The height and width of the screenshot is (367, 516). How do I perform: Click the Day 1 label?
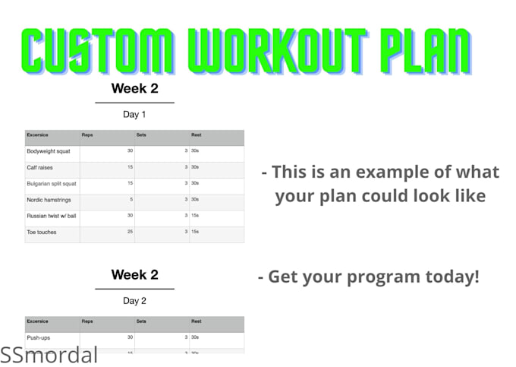tap(134, 115)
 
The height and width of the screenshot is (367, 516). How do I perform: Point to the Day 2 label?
tap(134, 301)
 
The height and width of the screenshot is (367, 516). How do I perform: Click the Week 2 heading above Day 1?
tap(134, 88)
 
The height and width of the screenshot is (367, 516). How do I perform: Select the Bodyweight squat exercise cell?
tap(49, 151)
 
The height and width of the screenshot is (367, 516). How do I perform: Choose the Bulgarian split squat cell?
tap(52, 183)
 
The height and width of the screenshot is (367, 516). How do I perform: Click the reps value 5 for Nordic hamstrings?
tap(131, 200)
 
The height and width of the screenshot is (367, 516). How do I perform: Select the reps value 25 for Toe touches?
tap(129, 232)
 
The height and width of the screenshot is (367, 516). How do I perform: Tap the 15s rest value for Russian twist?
tap(196, 216)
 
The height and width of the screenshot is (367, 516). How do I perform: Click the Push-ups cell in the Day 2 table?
tap(39, 337)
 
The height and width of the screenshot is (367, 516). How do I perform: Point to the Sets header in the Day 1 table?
tap(141, 135)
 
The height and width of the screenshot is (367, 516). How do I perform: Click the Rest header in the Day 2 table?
tap(196, 321)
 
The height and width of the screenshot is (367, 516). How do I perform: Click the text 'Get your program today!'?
tap(369, 277)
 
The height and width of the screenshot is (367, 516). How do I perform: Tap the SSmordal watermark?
tap(49, 354)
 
